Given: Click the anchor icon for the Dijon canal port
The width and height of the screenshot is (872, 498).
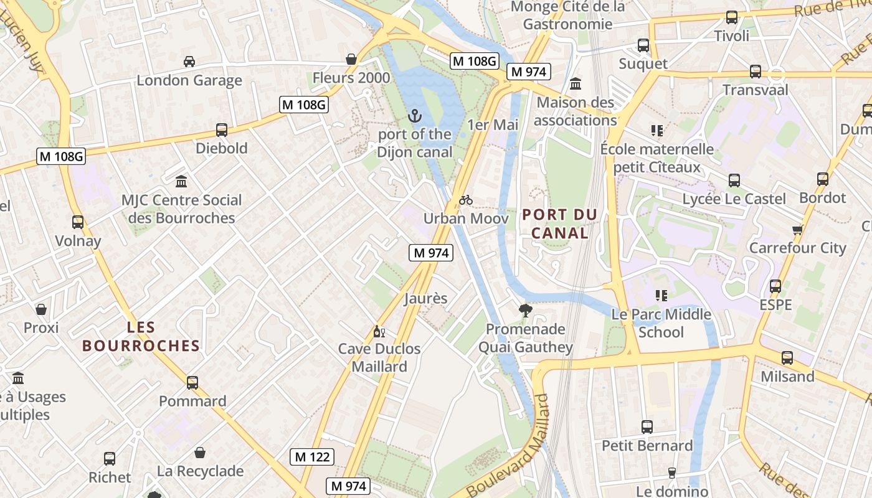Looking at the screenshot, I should point(414,116).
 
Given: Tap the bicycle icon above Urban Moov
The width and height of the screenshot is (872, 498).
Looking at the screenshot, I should point(466,200).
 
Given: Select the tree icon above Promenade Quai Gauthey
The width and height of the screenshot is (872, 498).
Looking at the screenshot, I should point(525,310).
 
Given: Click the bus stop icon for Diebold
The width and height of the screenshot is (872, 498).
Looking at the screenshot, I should point(221,130).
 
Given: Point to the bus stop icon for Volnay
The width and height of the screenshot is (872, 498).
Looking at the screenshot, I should point(78,222).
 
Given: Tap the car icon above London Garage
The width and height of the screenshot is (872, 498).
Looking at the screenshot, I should point(189,61).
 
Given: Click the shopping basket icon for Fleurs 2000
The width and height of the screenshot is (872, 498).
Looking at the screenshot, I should point(351,59).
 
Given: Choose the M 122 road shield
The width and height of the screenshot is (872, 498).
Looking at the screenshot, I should point(312,457).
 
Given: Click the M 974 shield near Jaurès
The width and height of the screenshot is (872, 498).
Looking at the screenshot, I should point(431,253).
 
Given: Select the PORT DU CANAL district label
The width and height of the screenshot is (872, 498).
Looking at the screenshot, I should point(559,223).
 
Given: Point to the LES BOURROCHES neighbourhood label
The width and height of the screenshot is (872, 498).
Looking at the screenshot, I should point(141,336).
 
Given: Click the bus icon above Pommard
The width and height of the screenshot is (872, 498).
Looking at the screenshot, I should point(192,383).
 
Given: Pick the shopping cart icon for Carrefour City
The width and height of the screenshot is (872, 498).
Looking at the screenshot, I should point(797,229).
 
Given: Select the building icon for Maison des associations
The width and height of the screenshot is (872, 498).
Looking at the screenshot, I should point(576,83).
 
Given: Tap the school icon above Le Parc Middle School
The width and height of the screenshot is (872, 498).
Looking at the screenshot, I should point(661,295).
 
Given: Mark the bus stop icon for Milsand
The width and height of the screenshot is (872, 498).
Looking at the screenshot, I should point(787,358).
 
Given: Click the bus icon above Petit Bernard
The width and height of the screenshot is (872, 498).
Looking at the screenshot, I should point(647,427).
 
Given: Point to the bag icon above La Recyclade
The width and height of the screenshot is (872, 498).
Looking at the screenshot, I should point(200,453).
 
